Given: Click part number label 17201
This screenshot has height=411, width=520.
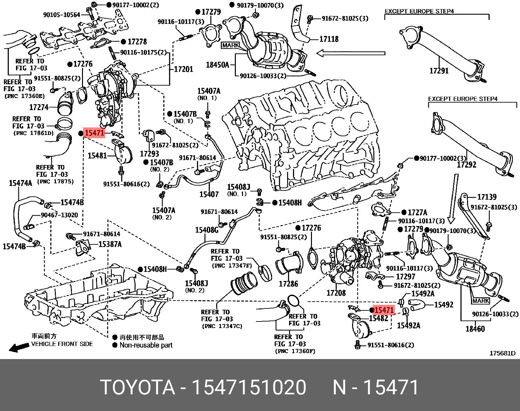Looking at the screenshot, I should point(184,69).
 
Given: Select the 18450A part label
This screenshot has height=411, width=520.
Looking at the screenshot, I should point(218,65).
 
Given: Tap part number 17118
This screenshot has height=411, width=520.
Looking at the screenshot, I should point(329,39).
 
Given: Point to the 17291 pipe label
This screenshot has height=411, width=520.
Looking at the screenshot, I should point(439,71).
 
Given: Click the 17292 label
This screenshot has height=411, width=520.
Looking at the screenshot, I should point(467,165).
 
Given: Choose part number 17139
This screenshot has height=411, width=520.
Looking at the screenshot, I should point(487,197).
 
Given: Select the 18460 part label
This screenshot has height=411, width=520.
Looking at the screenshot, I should point(475,329).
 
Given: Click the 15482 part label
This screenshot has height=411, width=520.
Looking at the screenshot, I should point(379,318).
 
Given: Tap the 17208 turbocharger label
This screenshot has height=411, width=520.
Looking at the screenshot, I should point(336,293).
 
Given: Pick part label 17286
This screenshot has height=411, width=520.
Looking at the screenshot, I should point(288,284).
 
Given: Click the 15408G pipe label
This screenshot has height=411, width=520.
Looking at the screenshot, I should point(207,230).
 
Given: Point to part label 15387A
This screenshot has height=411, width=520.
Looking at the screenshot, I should point(110,244).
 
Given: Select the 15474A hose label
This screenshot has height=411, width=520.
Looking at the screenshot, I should point(20,183).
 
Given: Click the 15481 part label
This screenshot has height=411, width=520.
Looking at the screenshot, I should point(97,156).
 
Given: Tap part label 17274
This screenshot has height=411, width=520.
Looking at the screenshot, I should point(39,107).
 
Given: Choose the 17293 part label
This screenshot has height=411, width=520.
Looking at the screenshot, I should point(150,154).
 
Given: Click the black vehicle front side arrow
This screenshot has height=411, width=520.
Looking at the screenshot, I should point(19,348).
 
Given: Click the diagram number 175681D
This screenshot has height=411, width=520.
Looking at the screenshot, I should point(502,353).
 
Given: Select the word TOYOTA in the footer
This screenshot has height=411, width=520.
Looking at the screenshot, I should point(138,387).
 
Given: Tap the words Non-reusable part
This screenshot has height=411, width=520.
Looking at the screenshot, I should point(146,345).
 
